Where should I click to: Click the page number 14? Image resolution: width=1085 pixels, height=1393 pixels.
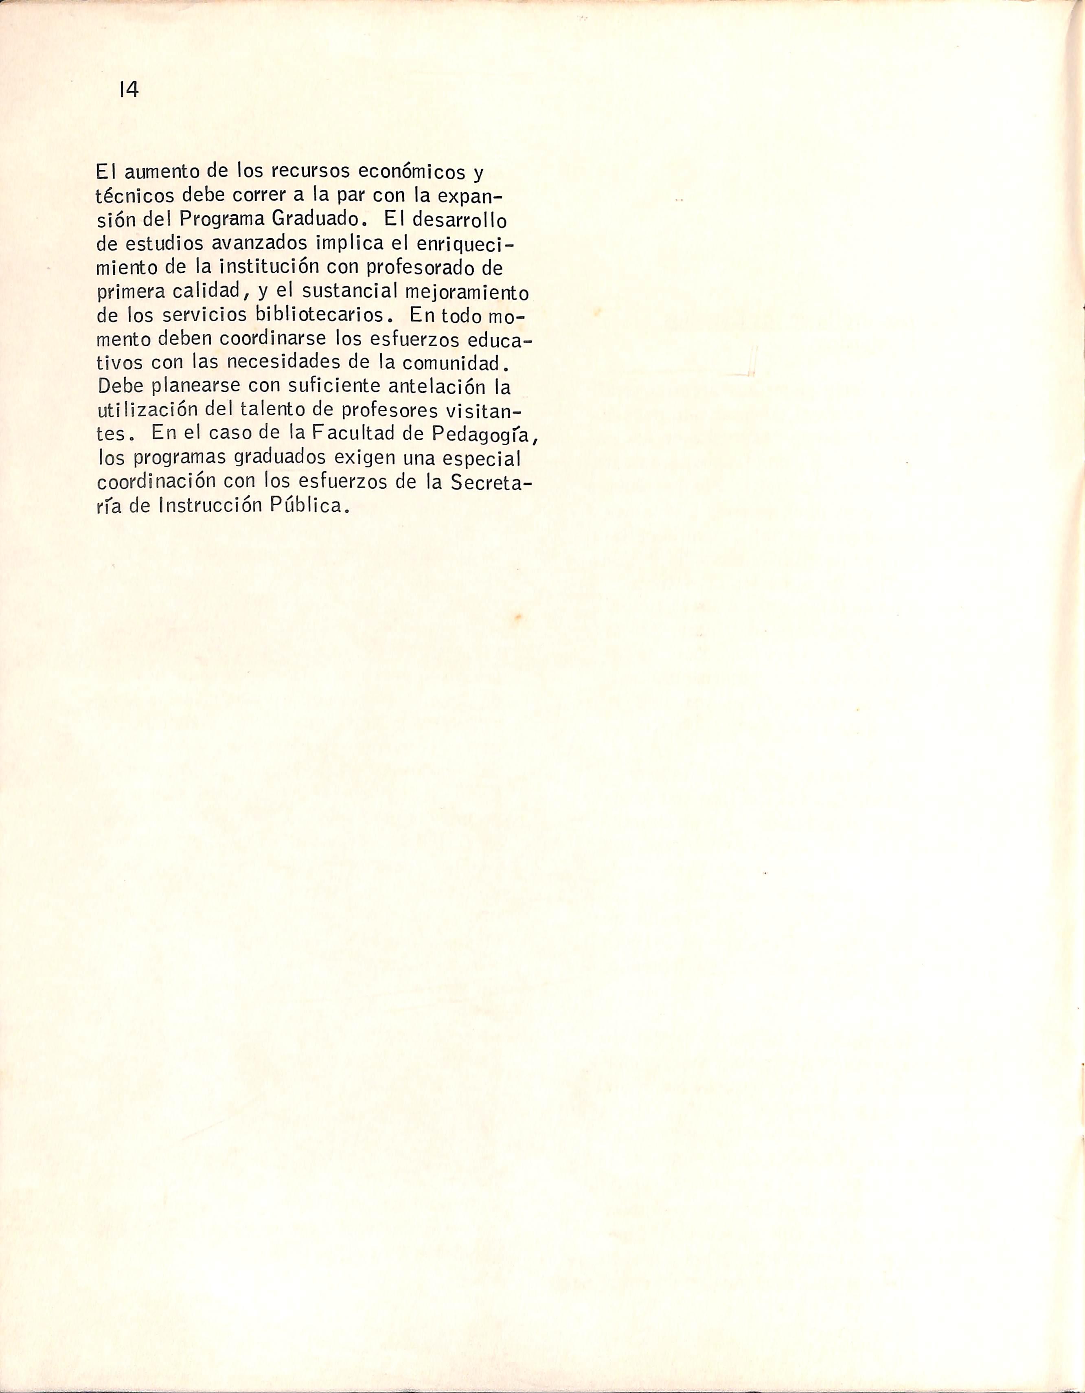point(128,90)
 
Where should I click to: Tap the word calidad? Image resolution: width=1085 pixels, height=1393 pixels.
point(208,291)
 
